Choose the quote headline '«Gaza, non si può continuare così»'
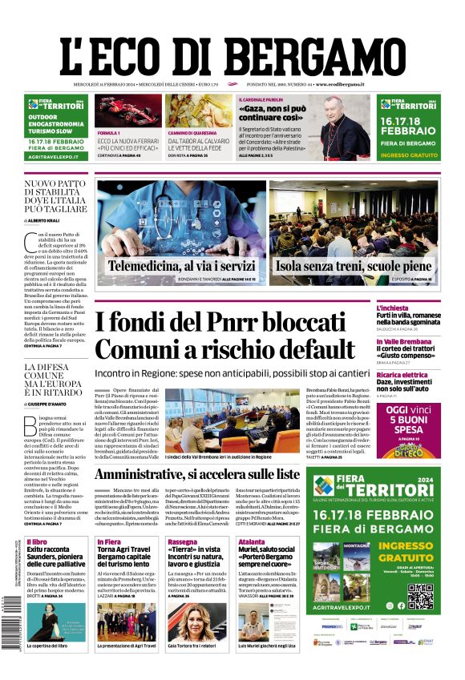coord(273,113)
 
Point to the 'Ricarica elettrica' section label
coord(425,375)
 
